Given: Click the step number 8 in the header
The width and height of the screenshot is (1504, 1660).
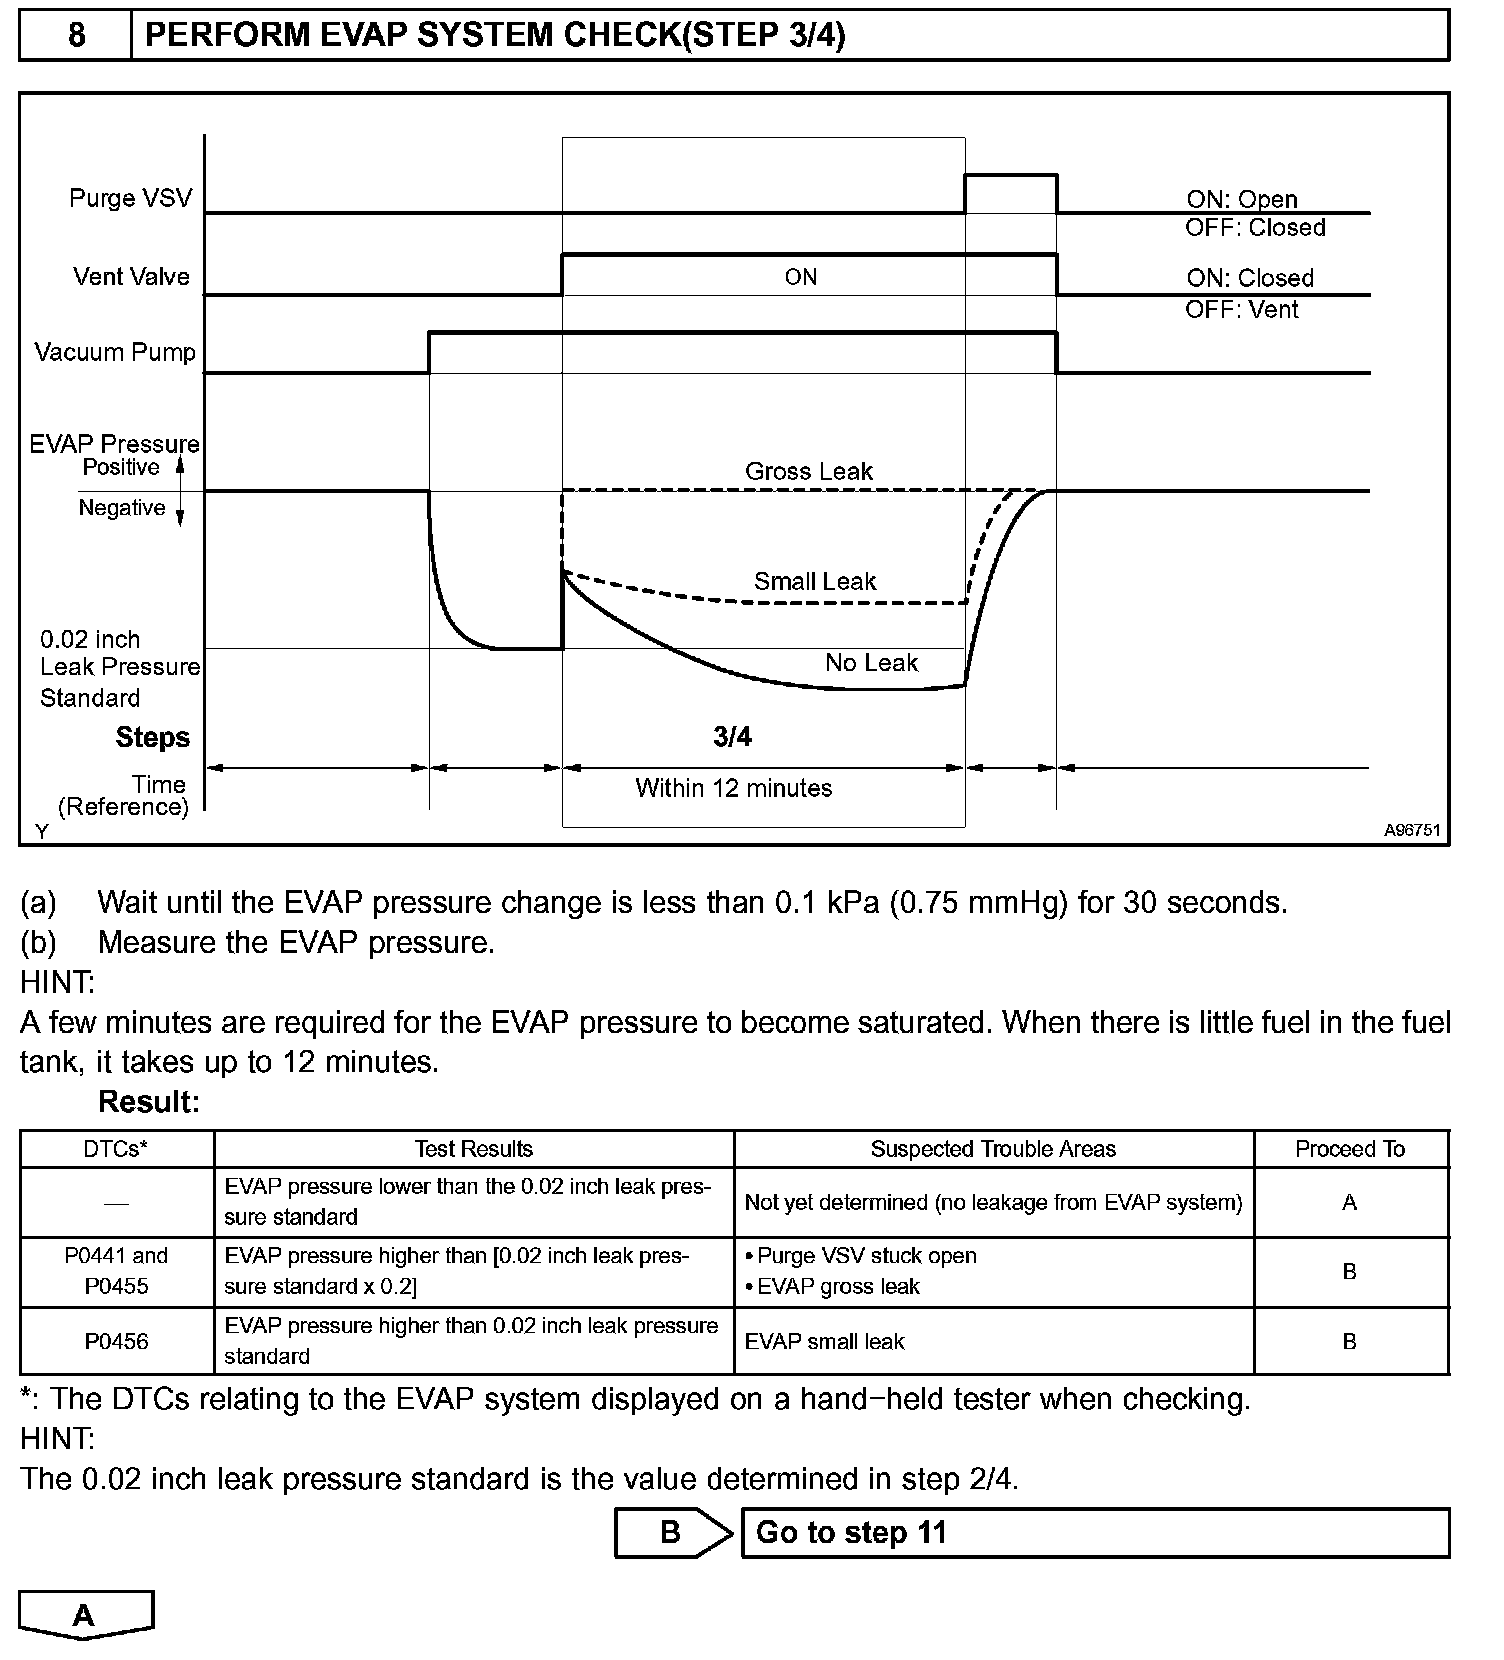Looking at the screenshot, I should (76, 36).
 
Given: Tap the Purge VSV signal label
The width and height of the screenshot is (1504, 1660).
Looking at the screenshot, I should (130, 198).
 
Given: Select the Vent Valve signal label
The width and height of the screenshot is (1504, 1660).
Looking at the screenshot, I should (131, 277).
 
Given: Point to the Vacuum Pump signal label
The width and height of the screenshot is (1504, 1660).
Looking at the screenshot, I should (115, 353).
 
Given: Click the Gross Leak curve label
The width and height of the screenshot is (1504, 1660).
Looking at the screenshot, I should (808, 472).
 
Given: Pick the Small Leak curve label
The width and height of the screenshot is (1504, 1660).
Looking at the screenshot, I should (814, 582).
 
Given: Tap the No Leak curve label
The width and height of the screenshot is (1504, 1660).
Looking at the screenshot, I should (870, 663).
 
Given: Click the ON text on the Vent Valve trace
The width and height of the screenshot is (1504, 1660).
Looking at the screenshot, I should (800, 278).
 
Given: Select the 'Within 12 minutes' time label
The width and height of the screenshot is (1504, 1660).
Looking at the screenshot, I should (733, 789).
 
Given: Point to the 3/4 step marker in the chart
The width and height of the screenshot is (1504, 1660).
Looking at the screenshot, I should (732, 738).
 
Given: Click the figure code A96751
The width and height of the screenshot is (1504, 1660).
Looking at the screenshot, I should (1412, 831).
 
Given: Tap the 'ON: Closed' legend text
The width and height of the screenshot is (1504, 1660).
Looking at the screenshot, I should (1249, 279).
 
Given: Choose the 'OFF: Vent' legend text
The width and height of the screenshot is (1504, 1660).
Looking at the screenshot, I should (1241, 310).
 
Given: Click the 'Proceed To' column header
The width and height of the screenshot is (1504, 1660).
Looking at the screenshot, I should (1349, 1150).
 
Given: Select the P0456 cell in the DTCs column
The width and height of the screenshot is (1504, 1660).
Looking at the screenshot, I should (116, 1341).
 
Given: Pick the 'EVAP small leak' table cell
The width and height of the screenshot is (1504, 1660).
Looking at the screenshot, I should (824, 1342).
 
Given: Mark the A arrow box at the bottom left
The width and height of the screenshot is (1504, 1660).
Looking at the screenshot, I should (85, 1615).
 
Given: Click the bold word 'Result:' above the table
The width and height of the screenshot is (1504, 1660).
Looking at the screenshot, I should (149, 1102).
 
